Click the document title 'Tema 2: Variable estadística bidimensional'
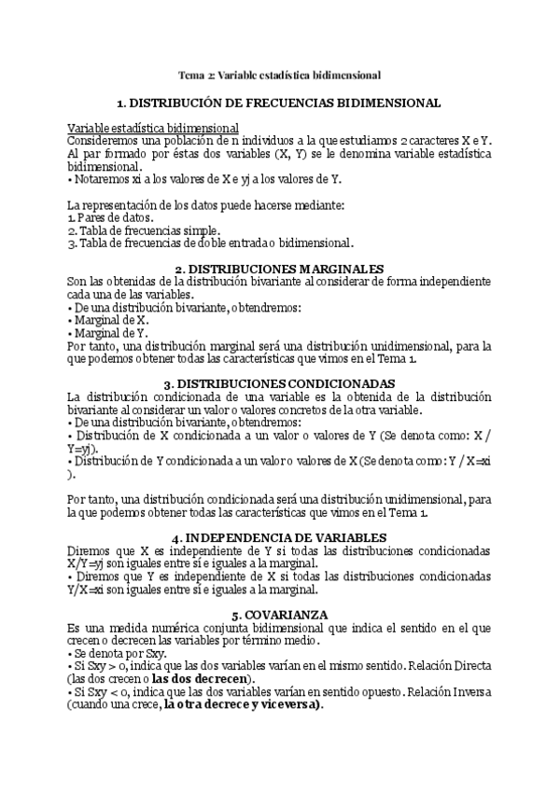[280, 75]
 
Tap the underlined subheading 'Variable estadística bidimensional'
[154, 127]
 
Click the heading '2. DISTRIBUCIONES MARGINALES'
[280, 269]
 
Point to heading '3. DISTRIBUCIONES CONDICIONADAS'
[280, 383]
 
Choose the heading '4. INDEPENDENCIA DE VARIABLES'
[280, 538]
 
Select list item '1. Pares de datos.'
[111, 217]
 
